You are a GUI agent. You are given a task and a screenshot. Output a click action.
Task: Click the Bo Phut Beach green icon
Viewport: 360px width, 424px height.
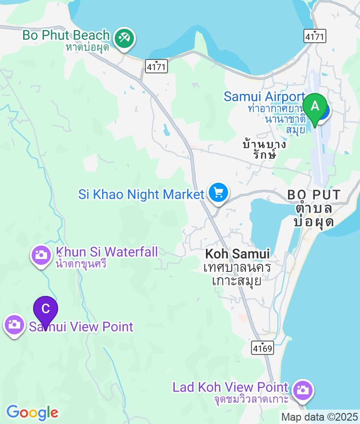click(x=124, y=38)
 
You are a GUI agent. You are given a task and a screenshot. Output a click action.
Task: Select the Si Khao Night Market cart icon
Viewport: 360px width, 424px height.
click(x=218, y=193)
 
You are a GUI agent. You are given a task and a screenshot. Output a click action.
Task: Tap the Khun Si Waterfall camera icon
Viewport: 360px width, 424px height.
click(x=41, y=255)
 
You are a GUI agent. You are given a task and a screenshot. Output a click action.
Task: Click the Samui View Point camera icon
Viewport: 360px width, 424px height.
click(x=14, y=325)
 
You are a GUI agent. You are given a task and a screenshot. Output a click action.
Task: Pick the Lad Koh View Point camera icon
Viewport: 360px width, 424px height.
click(x=302, y=389)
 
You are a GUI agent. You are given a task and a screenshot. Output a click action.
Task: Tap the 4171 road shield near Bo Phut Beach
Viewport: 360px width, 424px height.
click(x=157, y=67)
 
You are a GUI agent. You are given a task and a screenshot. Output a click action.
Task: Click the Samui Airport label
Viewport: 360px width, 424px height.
click(x=264, y=97)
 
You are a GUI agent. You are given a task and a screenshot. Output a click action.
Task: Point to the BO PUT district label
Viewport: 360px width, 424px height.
click(x=314, y=195)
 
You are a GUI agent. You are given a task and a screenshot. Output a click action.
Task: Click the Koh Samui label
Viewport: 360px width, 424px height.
click(x=237, y=254)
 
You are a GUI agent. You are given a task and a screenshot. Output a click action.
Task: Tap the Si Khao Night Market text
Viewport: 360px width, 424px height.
click(x=141, y=195)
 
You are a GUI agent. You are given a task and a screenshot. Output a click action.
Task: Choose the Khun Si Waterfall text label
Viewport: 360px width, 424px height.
click(x=107, y=252)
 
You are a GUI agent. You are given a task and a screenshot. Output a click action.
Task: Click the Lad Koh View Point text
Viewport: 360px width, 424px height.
click(x=230, y=387)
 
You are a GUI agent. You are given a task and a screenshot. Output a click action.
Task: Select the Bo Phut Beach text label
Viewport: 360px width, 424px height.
click(x=66, y=35)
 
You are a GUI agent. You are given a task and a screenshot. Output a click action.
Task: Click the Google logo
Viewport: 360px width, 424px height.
click(x=32, y=412)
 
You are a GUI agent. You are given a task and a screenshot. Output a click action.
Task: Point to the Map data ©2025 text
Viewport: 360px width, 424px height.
click(x=319, y=417)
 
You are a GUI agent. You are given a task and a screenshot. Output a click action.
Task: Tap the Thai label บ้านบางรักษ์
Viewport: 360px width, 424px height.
click(x=264, y=149)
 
